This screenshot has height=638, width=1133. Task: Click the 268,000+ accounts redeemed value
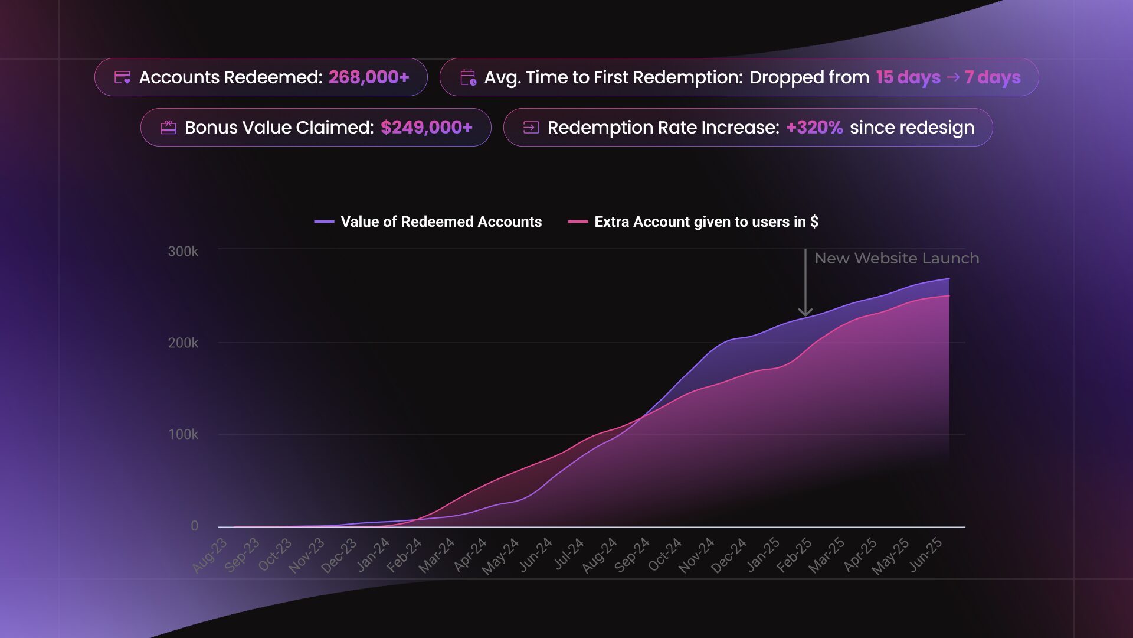point(369,77)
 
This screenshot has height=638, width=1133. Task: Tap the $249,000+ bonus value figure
point(427,128)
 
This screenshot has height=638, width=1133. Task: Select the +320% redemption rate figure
point(814,128)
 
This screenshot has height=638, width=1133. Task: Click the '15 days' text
point(908,77)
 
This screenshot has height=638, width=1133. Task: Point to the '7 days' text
point(993,77)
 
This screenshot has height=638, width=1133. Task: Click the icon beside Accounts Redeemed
point(122,77)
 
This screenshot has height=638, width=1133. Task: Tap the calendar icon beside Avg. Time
point(468,77)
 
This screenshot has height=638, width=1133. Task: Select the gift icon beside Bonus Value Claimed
point(168,128)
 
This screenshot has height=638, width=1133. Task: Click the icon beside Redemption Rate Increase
point(531,128)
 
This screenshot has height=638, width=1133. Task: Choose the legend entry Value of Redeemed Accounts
point(441,222)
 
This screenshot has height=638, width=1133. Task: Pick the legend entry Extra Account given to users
point(706,222)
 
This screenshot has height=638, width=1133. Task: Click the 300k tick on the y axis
point(183,252)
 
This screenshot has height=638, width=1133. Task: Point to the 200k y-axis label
point(183,343)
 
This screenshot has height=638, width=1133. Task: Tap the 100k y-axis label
point(183,435)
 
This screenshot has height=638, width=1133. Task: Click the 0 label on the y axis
point(194,526)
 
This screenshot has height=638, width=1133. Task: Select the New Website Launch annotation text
point(896,258)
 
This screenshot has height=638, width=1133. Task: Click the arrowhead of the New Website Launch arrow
point(805,311)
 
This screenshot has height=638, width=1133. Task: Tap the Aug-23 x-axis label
point(210,555)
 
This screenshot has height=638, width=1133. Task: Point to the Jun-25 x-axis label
point(925,555)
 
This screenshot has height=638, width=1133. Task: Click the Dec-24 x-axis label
point(729,556)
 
